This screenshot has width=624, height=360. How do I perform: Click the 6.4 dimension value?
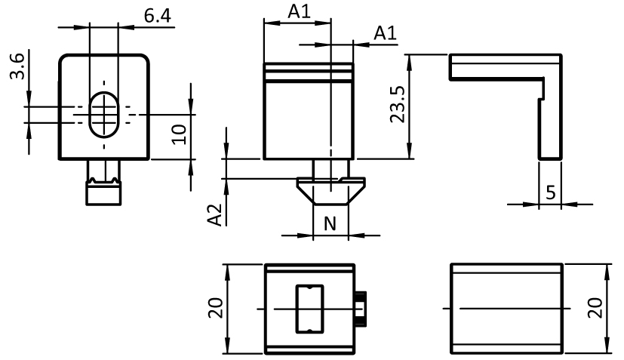(x=157, y=16)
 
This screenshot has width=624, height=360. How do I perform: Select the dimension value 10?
(x=177, y=136)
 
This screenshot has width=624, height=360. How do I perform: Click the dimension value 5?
(x=551, y=192)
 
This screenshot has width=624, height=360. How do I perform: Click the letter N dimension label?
(x=330, y=224)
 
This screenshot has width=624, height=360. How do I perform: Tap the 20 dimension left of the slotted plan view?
(x=217, y=308)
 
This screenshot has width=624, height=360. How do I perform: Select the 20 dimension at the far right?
(x=597, y=308)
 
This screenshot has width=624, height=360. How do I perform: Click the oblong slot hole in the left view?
(x=104, y=115)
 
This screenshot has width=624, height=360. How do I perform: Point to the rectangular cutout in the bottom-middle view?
(x=309, y=309)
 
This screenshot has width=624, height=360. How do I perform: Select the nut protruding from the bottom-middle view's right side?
(x=361, y=309)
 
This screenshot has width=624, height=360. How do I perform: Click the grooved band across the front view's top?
(x=309, y=72)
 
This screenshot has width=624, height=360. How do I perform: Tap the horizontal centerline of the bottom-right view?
(x=506, y=309)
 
